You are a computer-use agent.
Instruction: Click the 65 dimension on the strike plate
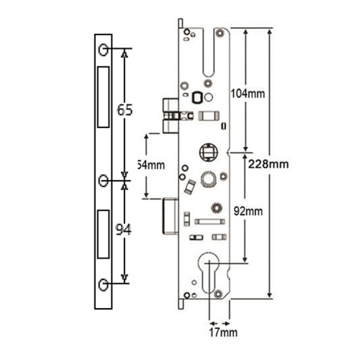point(125,111)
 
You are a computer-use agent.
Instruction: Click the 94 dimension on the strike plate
point(125,230)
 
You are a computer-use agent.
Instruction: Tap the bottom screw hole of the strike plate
point(104,284)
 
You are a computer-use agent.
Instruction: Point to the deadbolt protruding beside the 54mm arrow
point(171,216)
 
